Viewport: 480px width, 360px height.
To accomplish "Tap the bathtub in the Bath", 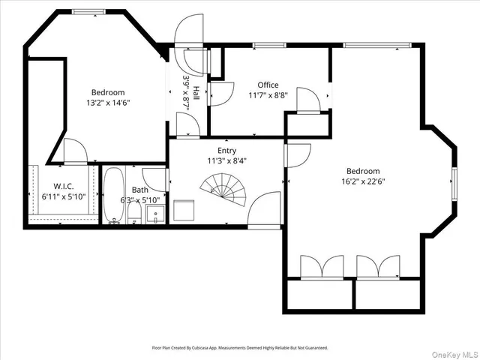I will click(114, 196).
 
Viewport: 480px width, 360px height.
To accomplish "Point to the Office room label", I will click(268, 85).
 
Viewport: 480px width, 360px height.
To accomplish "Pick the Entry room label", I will click(226, 151).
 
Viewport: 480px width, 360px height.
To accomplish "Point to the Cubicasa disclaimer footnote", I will click(240, 348).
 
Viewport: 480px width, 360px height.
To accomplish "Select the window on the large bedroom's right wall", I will click(454, 182).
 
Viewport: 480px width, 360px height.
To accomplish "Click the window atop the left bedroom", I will click(88, 12).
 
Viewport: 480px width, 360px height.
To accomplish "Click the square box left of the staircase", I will click(184, 210).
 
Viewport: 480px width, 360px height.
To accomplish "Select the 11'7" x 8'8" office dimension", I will click(268, 95).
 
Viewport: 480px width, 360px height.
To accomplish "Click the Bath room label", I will click(140, 190).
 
